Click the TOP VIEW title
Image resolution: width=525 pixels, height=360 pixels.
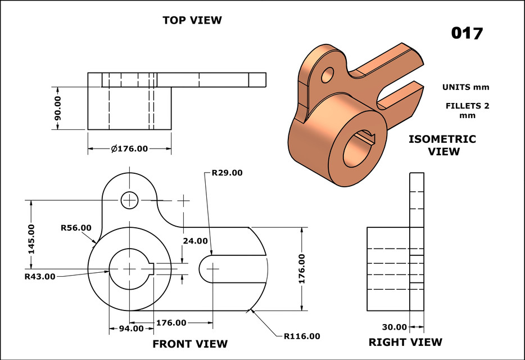[192, 20]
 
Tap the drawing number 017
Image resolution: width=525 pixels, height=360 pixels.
[467, 33]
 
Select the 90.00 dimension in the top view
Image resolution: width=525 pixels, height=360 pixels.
[57, 108]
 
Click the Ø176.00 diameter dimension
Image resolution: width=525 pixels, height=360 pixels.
[129, 149]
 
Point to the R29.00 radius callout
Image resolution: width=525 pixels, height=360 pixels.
[227, 173]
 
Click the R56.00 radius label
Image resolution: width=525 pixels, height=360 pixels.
[76, 228]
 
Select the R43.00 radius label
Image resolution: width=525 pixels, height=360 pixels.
[40, 276]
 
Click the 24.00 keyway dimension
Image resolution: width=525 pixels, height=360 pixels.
[195, 240]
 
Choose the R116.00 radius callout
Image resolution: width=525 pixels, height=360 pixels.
[302, 336]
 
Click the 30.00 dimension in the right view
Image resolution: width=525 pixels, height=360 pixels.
[394, 327]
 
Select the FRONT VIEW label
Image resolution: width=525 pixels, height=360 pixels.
[190, 344]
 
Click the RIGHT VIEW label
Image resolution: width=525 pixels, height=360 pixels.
[405, 342]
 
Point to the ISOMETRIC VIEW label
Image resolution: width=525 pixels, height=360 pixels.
[442, 145]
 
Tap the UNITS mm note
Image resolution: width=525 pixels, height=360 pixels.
[465, 87]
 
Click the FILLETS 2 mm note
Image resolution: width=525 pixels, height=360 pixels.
[467, 110]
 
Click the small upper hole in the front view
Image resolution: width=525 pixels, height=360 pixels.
[130, 199]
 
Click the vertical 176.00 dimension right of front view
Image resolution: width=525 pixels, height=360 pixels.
[302, 268]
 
